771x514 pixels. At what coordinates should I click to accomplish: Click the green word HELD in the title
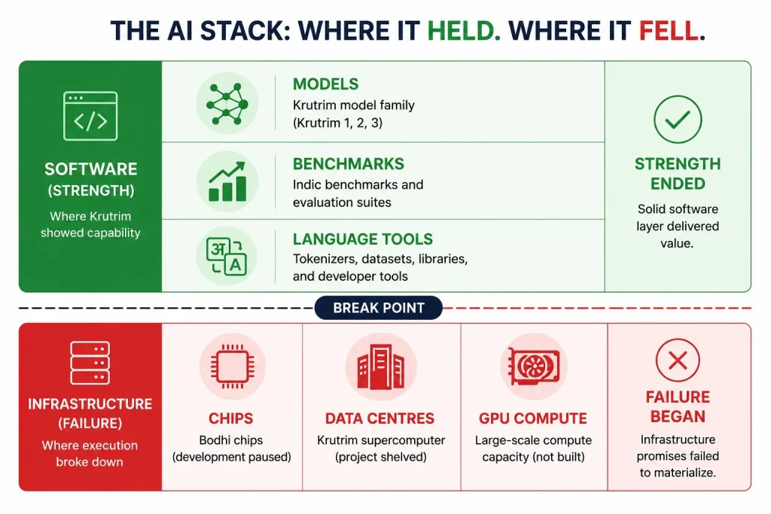(464, 31)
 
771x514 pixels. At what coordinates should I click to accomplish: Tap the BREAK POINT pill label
(379, 308)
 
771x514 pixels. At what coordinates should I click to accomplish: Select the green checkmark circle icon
(678, 120)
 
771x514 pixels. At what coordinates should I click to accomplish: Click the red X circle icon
(678, 360)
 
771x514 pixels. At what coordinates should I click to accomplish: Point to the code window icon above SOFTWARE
(90, 116)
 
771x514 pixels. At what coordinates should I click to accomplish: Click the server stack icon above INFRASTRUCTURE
(90, 363)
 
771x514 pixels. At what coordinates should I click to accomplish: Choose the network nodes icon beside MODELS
(227, 104)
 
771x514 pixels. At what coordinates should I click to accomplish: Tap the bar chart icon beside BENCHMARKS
(227, 182)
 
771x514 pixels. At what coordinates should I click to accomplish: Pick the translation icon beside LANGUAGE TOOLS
(227, 256)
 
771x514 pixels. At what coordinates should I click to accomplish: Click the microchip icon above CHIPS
(233, 366)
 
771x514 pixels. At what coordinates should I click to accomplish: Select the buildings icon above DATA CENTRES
(380, 366)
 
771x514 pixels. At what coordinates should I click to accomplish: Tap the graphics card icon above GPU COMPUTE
(534, 366)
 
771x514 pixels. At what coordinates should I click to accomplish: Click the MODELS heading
(325, 84)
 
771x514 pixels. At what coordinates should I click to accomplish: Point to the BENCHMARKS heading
(348, 163)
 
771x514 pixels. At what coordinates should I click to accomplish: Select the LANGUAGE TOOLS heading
(363, 239)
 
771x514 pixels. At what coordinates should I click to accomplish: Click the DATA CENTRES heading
(379, 418)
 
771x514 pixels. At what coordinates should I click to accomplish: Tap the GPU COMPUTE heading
(533, 418)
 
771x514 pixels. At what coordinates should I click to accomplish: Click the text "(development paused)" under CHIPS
(232, 457)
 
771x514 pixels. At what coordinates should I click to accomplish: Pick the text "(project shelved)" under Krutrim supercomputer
(380, 457)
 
